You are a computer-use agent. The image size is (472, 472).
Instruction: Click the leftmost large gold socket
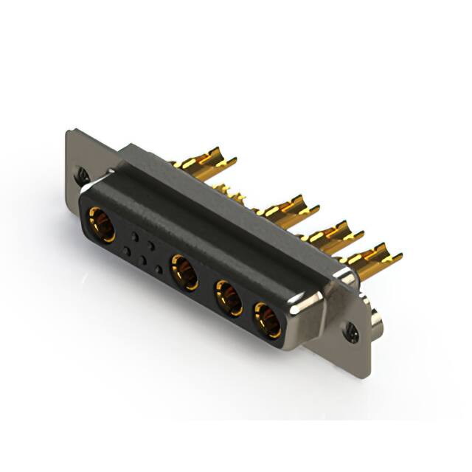pyautogui.click(x=101, y=224)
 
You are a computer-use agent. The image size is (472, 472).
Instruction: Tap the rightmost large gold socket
pyautogui.click(x=267, y=319)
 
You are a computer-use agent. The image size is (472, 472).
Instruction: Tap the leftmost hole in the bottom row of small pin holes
pyautogui.click(x=126, y=251)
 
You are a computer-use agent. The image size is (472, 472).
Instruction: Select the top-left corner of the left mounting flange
pyautogui.click(x=70, y=133)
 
